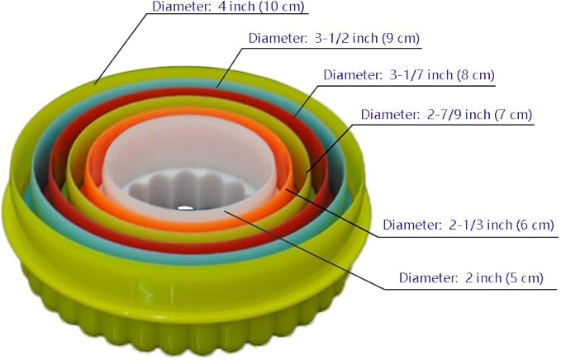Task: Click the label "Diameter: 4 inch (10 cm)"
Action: [x=228, y=7]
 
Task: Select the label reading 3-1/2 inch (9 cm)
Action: [x=334, y=38]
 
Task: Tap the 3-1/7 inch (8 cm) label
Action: [x=409, y=75]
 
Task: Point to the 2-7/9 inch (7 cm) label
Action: [x=446, y=115]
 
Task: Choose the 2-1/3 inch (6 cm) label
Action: [x=468, y=225]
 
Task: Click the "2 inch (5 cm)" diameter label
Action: [x=471, y=277]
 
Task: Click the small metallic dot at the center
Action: [x=184, y=207]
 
